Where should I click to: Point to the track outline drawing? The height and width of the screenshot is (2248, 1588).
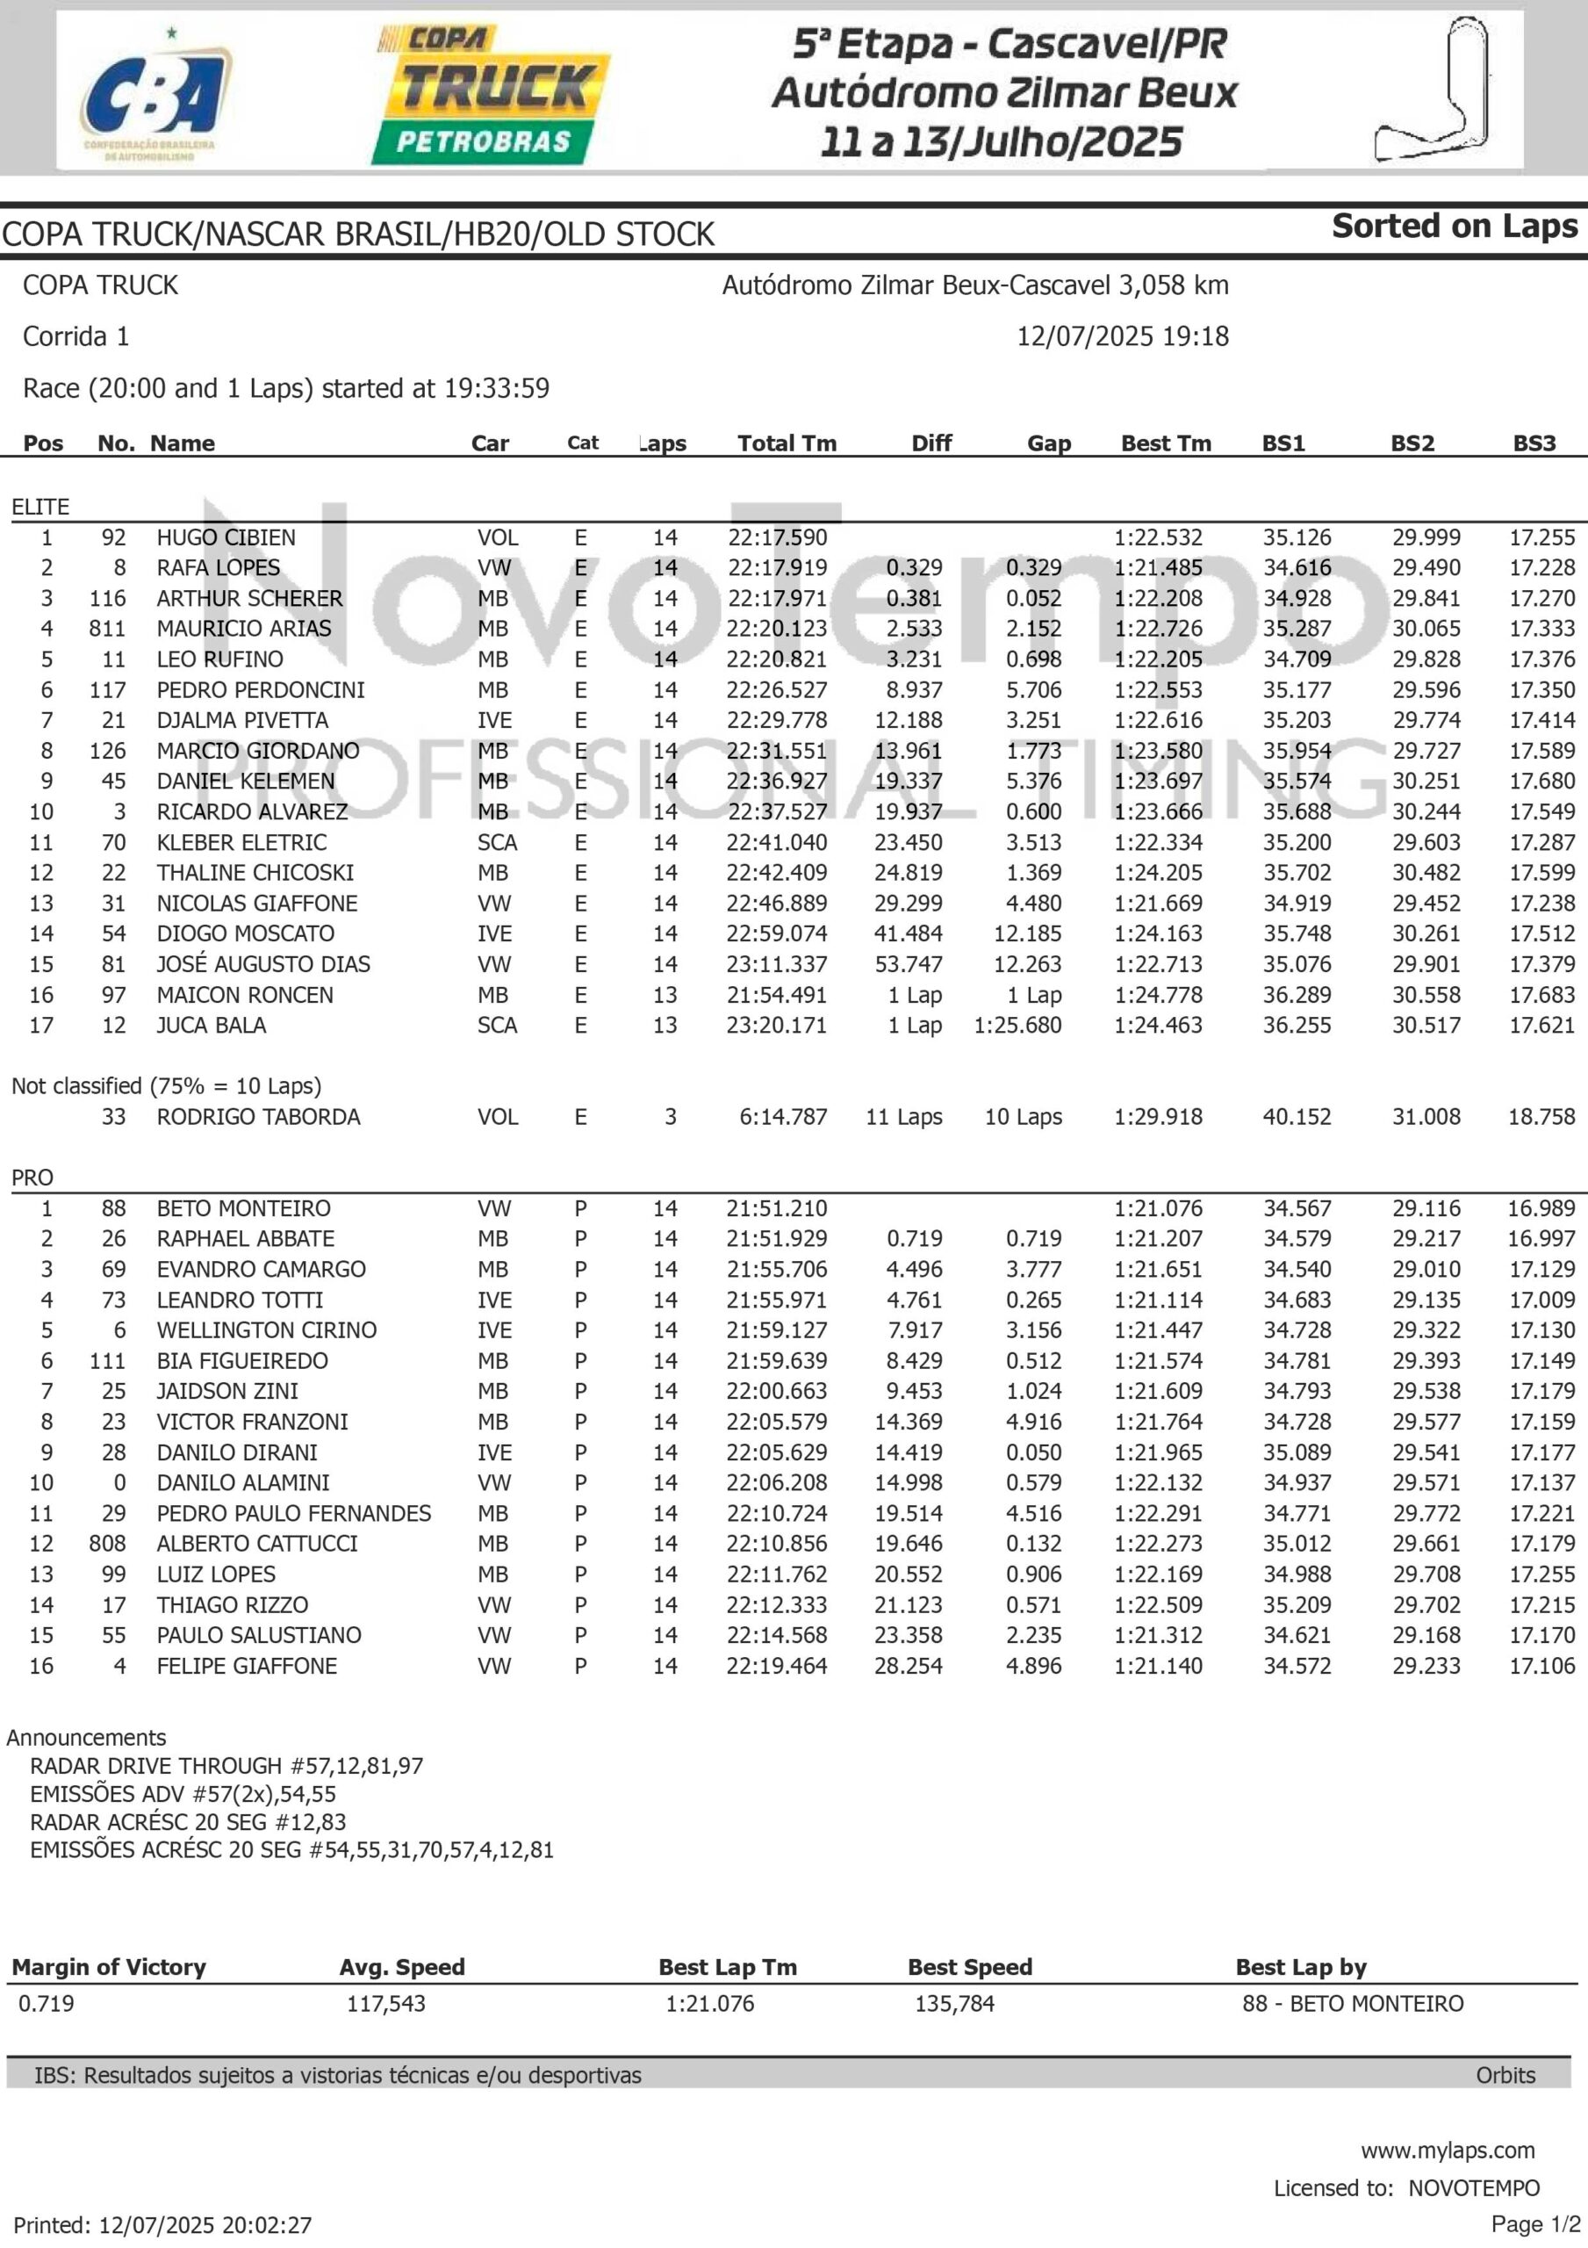click(1436, 90)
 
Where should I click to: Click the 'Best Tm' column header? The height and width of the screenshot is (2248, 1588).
click(1165, 443)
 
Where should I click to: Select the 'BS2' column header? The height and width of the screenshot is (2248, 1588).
click(1412, 443)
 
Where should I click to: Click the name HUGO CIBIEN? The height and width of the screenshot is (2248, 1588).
click(226, 537)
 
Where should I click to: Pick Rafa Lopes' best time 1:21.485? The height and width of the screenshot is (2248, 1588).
click(1158, 568)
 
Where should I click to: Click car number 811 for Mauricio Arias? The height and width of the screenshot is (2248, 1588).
click(107, 629)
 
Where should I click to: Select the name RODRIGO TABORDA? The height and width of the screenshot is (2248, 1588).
click(258, 1117)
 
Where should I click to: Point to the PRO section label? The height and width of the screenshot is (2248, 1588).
click(32, 1178)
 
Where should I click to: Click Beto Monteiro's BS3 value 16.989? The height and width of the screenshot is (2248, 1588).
click(1541, 1208)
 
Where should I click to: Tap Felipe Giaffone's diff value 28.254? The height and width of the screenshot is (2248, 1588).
click(908, 1667)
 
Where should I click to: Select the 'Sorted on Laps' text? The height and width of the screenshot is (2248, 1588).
click(1454, 227)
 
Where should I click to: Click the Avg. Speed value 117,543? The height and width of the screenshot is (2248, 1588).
click(385, 2004)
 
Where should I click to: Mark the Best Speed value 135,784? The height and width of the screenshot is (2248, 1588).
click(954, 2004)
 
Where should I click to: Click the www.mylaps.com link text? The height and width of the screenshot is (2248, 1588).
click(1447, 2151)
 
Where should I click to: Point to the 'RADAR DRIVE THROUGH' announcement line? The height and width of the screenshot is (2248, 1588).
click(227, 1766)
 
